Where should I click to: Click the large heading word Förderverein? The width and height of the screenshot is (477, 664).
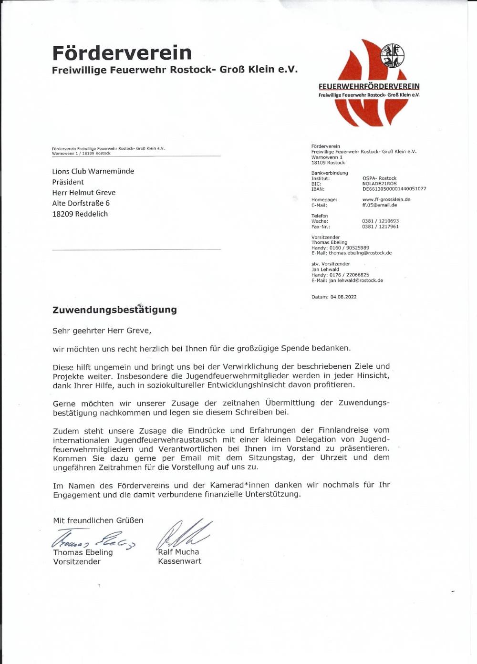click(122, 52)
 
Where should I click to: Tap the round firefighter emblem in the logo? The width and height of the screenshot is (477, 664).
click(393, 56)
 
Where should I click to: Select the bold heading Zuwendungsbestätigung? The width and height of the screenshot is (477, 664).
click(114, 310)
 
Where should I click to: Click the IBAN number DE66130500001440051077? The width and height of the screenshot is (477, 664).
click(394, 189)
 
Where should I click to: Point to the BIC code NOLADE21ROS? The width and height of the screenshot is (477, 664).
click(379, 184)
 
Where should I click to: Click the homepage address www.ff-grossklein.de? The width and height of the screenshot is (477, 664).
click(386, 199)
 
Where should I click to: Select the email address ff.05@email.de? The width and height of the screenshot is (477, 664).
click(379, 205)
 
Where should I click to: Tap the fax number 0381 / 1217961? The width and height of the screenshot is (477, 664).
click(380, 227)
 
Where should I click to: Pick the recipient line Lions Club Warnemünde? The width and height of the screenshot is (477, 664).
click(93, 171)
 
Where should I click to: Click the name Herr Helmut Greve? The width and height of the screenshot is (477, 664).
click(83, 193)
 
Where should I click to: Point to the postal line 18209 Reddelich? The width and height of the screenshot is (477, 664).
click(80, 214)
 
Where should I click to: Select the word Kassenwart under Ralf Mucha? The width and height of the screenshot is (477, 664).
click(179, 561)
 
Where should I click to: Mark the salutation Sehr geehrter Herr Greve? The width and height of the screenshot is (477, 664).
click(102, 330)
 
